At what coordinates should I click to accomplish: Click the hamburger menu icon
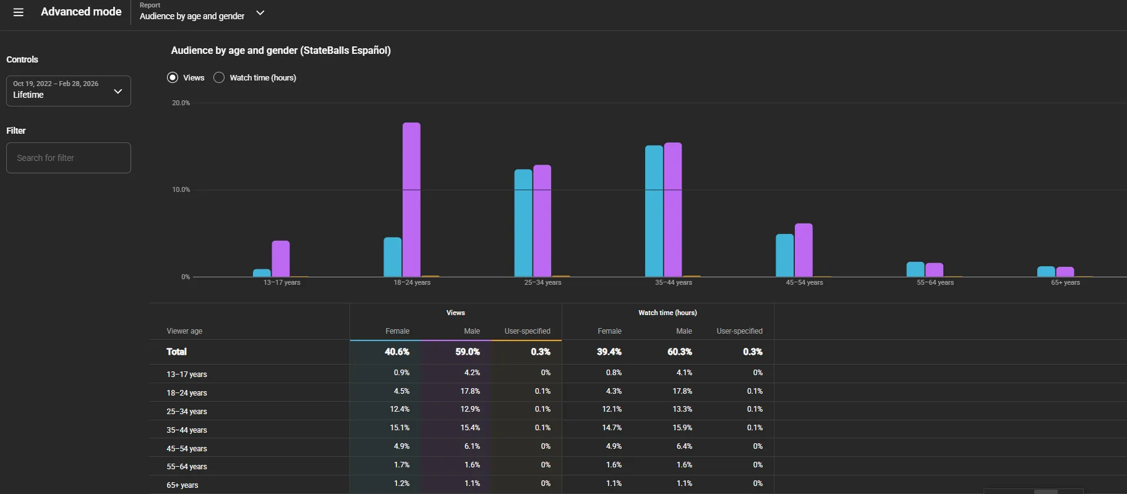(x=19, y=12)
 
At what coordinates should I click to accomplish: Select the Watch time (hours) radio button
(x=219, y=77)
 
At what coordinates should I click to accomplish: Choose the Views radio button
(x=173, y=77)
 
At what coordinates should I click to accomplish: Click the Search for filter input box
(x=69, y=158)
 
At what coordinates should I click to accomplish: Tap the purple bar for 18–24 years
(x=411, y=199)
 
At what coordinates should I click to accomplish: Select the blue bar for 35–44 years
(x=654, y=211)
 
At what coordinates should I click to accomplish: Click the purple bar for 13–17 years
(x=281, y=259)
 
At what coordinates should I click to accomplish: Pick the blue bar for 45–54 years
(x=785, y=255)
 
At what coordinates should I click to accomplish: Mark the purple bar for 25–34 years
(x=542, y=220)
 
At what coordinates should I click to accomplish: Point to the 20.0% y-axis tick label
(x=181, y=103)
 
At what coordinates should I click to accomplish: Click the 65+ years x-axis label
(x=1066, y=282)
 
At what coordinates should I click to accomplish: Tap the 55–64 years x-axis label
(x=935, y=282)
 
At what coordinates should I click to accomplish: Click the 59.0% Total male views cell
(x=468, y=352)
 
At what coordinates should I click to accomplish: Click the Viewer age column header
(x=184, y=331)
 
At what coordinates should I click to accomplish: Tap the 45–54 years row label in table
(x=187, y=449)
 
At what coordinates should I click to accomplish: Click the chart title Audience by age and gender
(x=281, y=51)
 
